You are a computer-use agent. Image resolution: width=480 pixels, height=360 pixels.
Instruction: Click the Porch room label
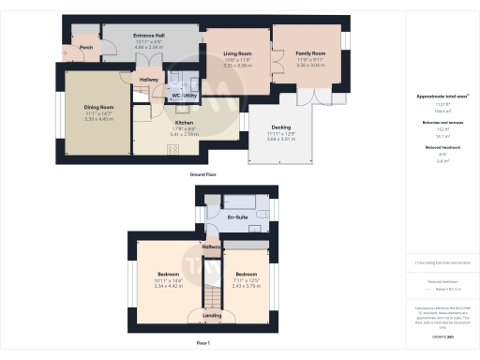click(85, 47)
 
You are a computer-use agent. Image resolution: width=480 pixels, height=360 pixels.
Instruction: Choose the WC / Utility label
click(183, 96)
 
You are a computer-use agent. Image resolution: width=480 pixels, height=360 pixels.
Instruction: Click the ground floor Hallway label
click(149, 80)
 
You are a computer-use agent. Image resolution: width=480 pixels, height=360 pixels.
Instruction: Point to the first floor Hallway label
click(211, 247)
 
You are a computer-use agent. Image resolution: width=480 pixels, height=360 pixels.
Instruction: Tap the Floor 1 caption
click(203, 344)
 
